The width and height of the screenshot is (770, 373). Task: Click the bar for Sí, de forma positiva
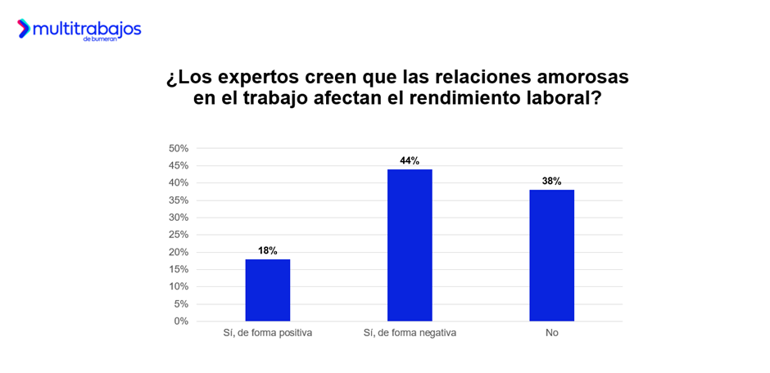click(x=267, y=290)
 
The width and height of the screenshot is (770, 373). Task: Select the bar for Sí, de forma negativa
click(x=410, y=245)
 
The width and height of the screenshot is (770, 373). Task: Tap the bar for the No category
click(x=551, y=255)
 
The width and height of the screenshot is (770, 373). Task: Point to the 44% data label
click(x=410, y=160)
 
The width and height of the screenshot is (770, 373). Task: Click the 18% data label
click(x=267, y=250)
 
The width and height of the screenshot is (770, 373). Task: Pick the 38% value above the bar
click(x=551, y=181)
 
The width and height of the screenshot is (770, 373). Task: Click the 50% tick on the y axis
click(x=179, y=148)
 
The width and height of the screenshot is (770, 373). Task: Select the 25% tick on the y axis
click(x=179, y=235)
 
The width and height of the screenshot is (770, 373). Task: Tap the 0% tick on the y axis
click(x=181, y=321)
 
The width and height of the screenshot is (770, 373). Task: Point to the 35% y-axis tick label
click(x=179, y=200)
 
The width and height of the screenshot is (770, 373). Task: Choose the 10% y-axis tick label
click(x=179, y=286)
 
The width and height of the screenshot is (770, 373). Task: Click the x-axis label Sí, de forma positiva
click(x=267, y=334)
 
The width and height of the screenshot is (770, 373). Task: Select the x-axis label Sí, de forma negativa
click(x=410, y=334)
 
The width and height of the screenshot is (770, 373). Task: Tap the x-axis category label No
click(x=551, y=334)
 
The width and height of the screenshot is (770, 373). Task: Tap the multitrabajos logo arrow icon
click(x=24, y=29)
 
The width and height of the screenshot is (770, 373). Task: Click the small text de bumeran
click(x=99, y=39)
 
